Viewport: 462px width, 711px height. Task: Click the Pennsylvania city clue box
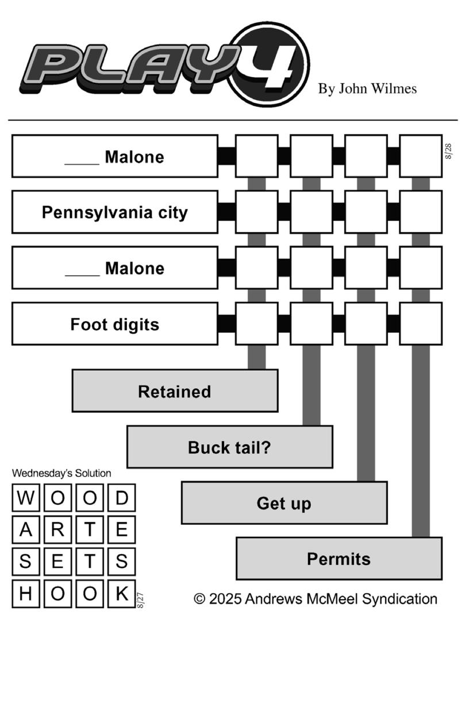click(x=115, y=212)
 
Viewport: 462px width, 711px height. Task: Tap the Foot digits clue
click(x=115, y=324)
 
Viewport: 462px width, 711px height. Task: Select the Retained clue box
click(x=175, y=391)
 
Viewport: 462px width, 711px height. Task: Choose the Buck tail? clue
click(x=230, y=447)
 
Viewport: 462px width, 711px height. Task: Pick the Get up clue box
click(x=284, y=503)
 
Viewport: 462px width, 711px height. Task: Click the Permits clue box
click(x=339, y=559)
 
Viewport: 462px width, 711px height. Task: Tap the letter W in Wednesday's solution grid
click(x=26, y=497)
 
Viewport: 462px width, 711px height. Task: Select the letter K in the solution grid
click(x=122, y=594)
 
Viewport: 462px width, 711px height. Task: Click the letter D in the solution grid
click(x=122, y=497)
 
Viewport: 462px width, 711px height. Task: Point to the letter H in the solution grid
click(x=26, y=594)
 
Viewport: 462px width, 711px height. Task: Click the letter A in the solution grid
click(x=26, y=529)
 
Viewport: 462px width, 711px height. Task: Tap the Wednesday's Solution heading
click(x=61, y=473)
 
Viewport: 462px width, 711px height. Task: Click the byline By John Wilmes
click(x=367, y=89)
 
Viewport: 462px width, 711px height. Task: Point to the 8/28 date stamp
click(x=448, y=151)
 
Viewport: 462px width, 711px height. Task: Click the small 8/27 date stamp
click(x=140, y=600)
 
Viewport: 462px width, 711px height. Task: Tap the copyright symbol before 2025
click(x=199, y=599)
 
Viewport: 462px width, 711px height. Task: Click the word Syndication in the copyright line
click(x=400, y=599)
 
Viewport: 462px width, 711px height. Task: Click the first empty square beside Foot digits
click(x=257, y=324)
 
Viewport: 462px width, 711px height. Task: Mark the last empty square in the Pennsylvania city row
click(x=421, y=212)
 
